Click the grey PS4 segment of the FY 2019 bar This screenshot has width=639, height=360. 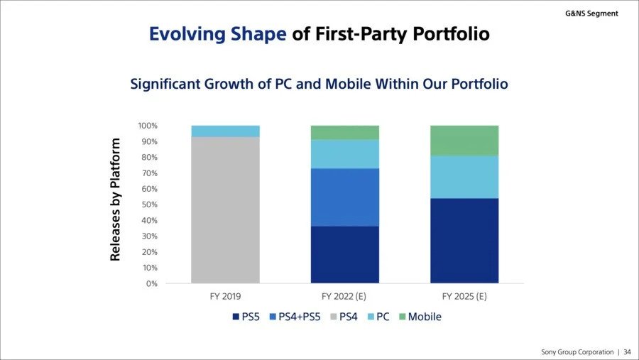click(x=225, y=210)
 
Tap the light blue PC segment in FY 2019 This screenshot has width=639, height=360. click(x=225, y=131)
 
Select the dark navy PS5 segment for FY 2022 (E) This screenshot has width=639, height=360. click(x=344, y=255)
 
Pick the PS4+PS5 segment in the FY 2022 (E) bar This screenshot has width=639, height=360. click(x=344, y=197)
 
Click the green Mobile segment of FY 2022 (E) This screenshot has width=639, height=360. click(x=344, y=133)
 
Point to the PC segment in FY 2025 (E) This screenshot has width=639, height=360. click(x=464, y=177)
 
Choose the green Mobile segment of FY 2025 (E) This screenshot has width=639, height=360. click(x=464, y=141)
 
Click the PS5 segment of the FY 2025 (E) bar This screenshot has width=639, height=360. click(x=464, y=241)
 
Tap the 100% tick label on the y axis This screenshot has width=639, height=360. click(x=147, y=126)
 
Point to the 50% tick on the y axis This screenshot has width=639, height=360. click(x=149, y=205)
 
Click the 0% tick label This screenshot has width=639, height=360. click(x=151, y=284)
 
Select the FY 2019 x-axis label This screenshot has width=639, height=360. click(x=225, y=295)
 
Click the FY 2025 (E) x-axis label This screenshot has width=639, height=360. click(x=464, y=295)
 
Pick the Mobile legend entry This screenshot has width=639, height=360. click(x=424, y=317)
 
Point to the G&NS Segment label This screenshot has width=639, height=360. click(x=591, y=13)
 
